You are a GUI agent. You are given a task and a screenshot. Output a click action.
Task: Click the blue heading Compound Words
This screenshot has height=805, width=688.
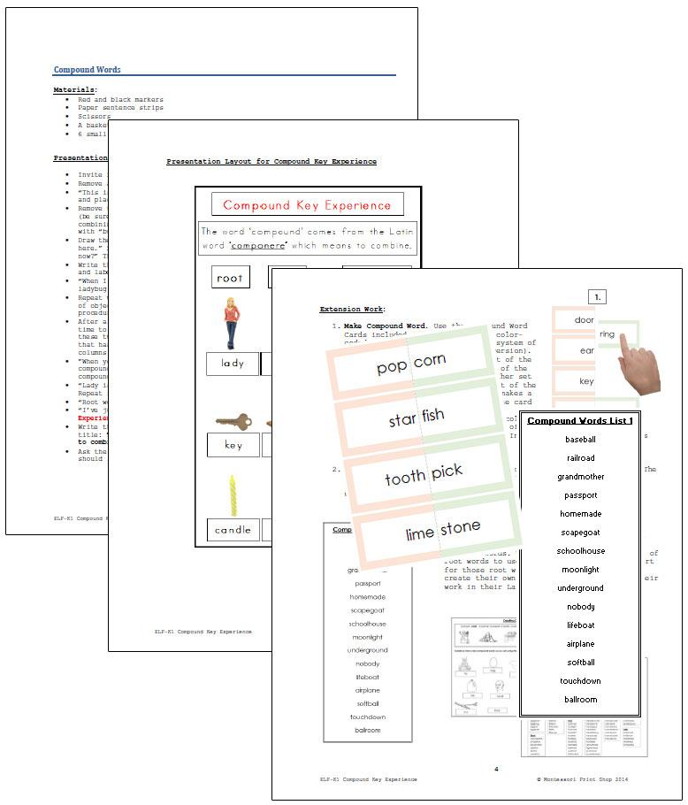pos(88,70)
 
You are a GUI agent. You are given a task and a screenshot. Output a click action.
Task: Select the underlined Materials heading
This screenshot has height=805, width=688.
pos(75,89)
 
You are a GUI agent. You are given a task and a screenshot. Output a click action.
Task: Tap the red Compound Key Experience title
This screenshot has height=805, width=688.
pos(307,205)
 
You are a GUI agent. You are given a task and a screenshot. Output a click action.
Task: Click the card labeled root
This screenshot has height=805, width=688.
pos(230,278)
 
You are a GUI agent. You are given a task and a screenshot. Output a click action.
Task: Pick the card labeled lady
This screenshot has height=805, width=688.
pos(233,364)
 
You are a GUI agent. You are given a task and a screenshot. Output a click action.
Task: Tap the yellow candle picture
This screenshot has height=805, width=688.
pos(234,495)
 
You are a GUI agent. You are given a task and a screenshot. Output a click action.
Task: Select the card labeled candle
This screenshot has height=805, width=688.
pos(233,531)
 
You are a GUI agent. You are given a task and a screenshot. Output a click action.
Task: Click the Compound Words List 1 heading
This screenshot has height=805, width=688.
pos(579,420)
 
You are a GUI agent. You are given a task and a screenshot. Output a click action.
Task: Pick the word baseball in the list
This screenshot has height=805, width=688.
pos(580,440)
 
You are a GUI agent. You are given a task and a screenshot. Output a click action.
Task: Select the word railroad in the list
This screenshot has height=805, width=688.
pos(580,458)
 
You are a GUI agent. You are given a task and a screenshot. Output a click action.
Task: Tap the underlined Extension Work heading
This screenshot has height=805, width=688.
pos(352,309)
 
